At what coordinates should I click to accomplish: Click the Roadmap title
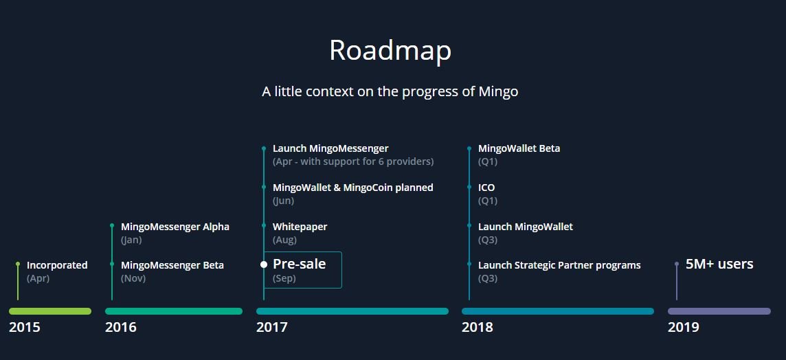coord(390,51)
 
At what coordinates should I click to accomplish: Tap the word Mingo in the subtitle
coord(498,92)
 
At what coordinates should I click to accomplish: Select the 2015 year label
coord(25,328)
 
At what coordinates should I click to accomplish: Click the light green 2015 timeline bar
coord(50,311)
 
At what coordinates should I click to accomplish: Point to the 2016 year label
coord(120,328)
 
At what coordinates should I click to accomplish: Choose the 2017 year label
coord(271,328)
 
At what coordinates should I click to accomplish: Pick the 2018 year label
coord(478,328)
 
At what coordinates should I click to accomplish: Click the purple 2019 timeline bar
coord(719,311)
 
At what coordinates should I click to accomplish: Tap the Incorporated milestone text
coord(57,265)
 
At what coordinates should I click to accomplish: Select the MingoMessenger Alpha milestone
coord(175,227)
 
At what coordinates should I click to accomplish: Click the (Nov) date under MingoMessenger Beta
coord(133,279)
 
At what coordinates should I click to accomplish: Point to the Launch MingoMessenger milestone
coord(331,148)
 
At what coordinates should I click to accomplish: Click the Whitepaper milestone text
coord(300,227)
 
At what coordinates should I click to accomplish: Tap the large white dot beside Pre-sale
coord(264,265)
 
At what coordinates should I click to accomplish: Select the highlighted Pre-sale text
coord(300,264)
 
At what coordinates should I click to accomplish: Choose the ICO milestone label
coord(486,188)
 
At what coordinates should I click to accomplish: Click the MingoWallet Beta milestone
coord(519,149)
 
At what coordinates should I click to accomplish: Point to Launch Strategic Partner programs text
coord(559,265)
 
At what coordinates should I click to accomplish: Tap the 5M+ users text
coord(719,264)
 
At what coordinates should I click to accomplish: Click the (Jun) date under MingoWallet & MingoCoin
coord(283,201)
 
